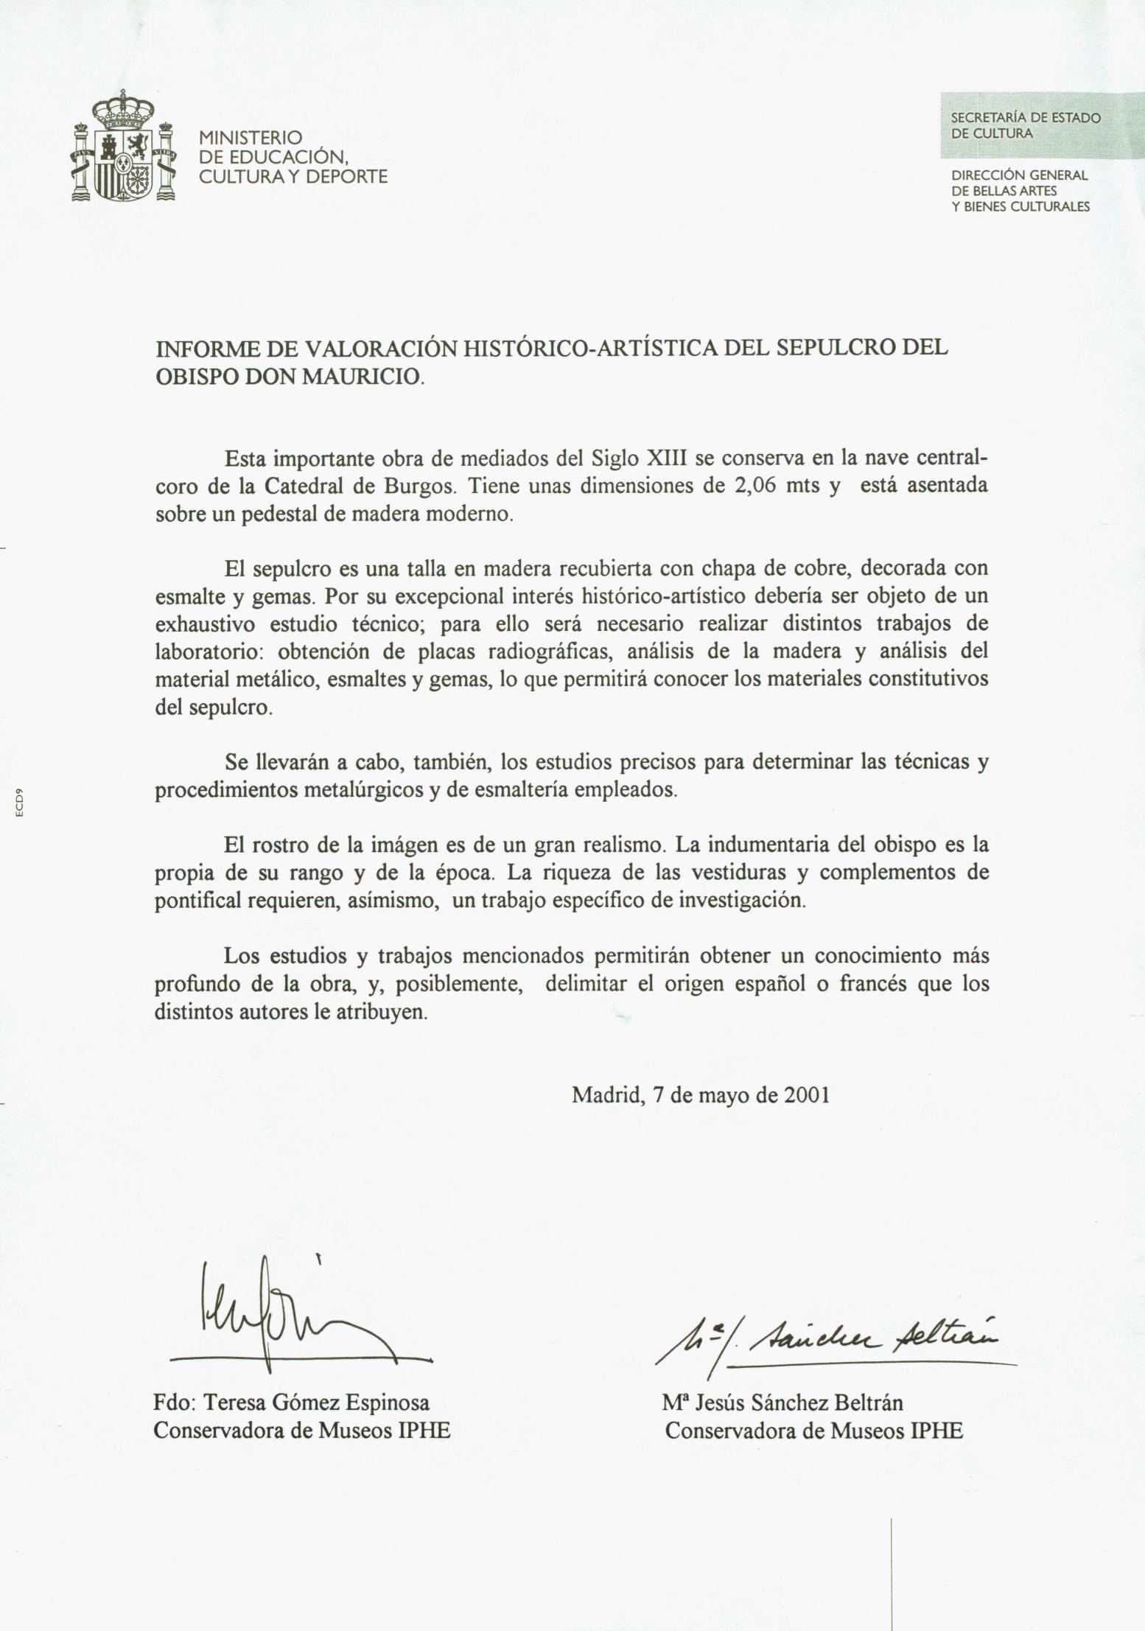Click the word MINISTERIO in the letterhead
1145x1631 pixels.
coord(251,138)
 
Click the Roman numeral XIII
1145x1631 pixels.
coord(666,458)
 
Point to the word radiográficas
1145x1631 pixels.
coord(546,652)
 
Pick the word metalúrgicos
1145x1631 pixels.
coord(351,790)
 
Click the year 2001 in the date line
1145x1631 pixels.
coord(806,1094)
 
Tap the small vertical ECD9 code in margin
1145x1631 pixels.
coord(21,803)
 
